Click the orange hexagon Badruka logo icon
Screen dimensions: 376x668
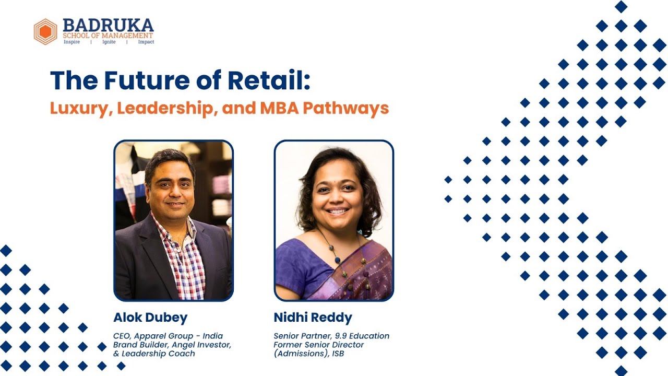45,31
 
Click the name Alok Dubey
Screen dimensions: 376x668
150,318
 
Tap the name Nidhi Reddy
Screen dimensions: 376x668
313,318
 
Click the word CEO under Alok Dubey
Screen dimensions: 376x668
122,336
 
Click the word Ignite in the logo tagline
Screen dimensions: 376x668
109,42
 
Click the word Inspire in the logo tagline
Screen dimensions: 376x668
71,42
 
